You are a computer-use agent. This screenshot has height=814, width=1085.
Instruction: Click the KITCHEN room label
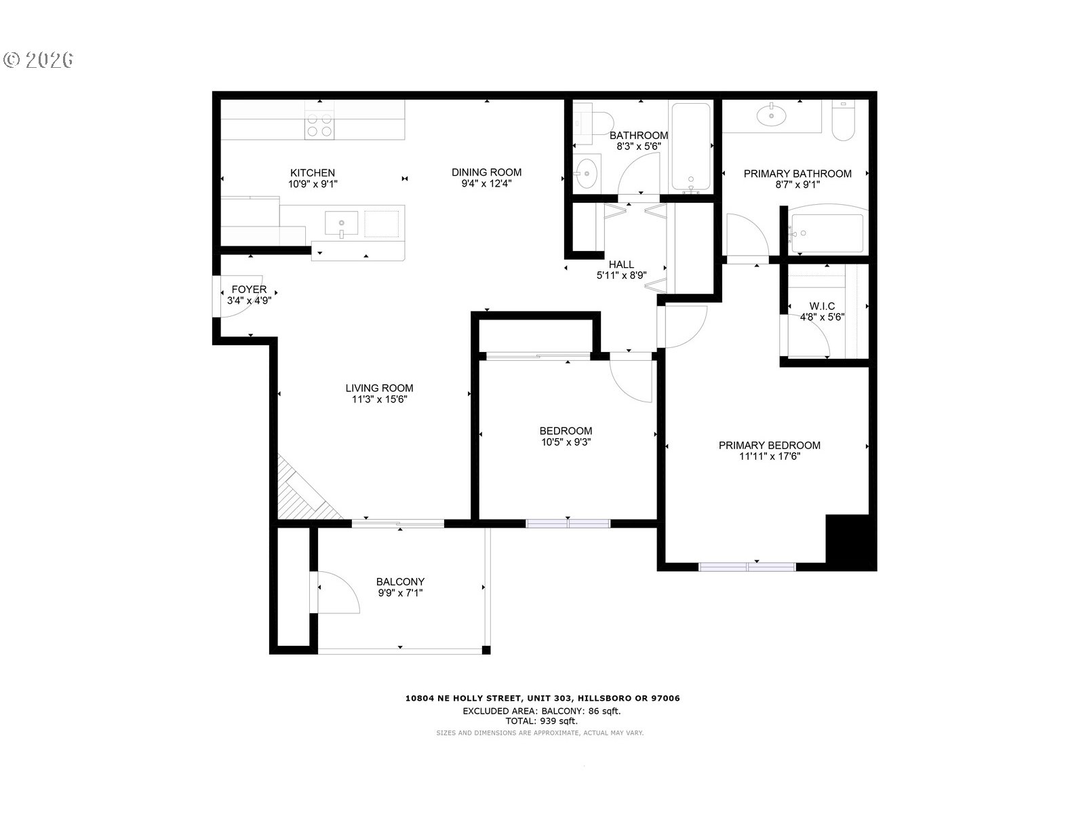tap(313, 173)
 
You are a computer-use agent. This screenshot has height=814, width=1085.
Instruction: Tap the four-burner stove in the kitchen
tap(319, 125)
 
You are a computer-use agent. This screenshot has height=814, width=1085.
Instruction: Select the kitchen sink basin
tap(341, 223)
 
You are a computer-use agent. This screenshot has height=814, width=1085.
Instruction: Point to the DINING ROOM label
tap(486, 172)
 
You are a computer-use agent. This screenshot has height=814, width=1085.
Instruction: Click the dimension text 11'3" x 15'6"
tap(379, 400)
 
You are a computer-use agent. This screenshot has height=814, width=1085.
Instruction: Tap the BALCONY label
tap(400, 582)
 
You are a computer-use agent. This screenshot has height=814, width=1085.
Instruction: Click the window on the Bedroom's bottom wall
tap(568, 524)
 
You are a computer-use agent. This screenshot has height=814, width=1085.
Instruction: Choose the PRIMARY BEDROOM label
tap(770, 445)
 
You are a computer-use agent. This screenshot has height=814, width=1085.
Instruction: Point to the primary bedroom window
tap(747, 567)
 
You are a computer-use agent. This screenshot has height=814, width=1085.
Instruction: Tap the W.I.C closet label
tap(822, 307)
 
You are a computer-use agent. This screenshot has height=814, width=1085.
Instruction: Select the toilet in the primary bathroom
tap(844, 121)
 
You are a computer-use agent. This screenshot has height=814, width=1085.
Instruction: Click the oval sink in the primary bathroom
tap(771, 116)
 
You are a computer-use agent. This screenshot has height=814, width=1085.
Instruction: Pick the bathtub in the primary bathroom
tap(826, 233)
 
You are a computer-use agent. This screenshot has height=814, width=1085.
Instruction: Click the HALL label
tap(621, 265)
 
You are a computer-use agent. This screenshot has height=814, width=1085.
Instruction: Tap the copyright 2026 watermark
tap(39, 60)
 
